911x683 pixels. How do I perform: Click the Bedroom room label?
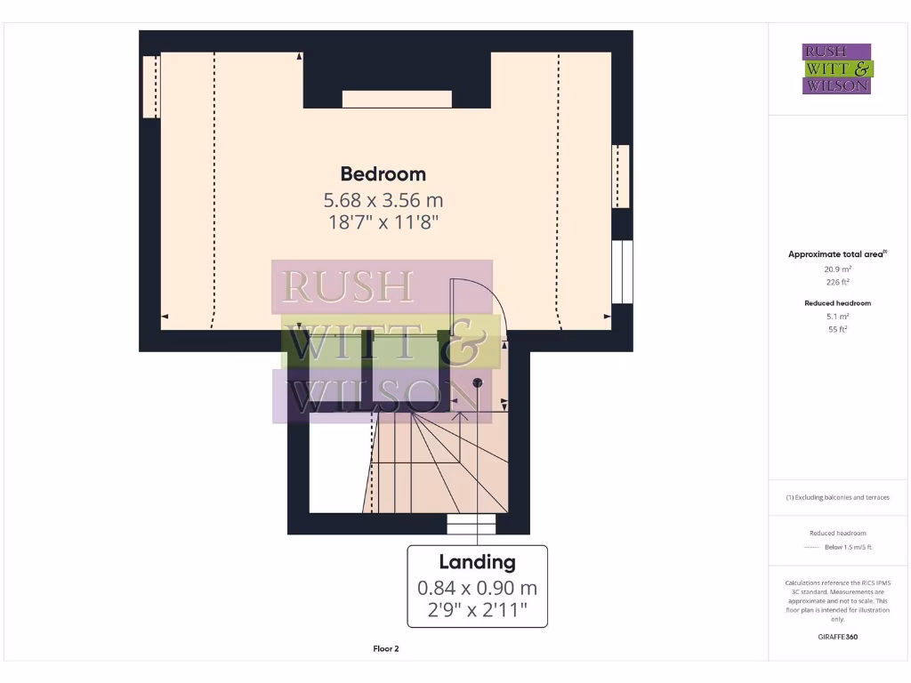pos(383,174)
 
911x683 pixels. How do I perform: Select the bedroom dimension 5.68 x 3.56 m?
pos(383,200)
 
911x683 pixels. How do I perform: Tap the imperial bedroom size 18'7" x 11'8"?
pos(383,222)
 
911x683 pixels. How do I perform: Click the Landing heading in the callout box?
pos(477,562)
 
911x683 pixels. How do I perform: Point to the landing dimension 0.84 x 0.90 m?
pos(477,588)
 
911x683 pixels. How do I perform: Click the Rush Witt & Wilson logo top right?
pos(837,69)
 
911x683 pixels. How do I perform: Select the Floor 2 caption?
pos(385,649)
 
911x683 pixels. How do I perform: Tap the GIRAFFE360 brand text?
pos(837,637)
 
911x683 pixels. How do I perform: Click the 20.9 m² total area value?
pos(837,268)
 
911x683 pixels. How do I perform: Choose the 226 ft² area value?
pos(837,282)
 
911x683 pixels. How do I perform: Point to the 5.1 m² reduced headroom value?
pos(837,316)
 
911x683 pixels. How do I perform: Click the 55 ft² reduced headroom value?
pos(837,329)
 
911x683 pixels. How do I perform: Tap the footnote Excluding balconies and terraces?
pos(837,497)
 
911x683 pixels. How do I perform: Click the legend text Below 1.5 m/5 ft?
pos(848,547)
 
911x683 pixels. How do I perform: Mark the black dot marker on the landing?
pos(478,382)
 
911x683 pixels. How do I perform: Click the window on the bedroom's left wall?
pos(151,86)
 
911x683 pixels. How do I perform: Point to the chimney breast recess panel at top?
pos(397,99)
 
